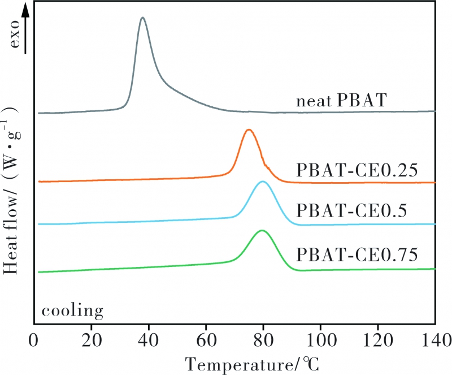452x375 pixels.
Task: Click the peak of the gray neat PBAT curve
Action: click(143, 18)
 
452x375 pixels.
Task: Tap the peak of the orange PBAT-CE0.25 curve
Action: click(249, 130)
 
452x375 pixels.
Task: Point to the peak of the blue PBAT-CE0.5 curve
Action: click(262, 182)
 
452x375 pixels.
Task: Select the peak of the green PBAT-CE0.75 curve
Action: click(262, 231)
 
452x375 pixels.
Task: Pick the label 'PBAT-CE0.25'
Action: click(357, 170)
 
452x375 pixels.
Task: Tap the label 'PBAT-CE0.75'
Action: click(357, 255)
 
